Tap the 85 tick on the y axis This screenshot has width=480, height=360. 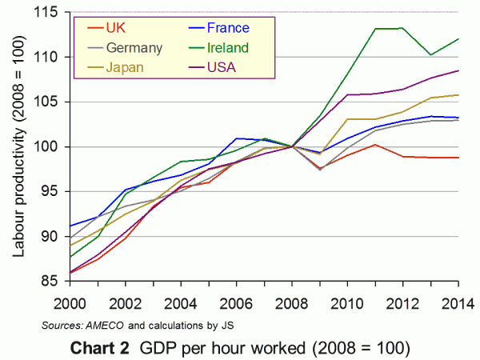click(53, 281)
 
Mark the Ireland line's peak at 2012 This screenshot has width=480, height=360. click(403, 28)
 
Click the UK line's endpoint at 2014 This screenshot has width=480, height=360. click(458, 158)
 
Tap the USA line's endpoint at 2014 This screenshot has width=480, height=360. click(458, 70)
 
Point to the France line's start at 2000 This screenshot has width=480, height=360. click(70, 226)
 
